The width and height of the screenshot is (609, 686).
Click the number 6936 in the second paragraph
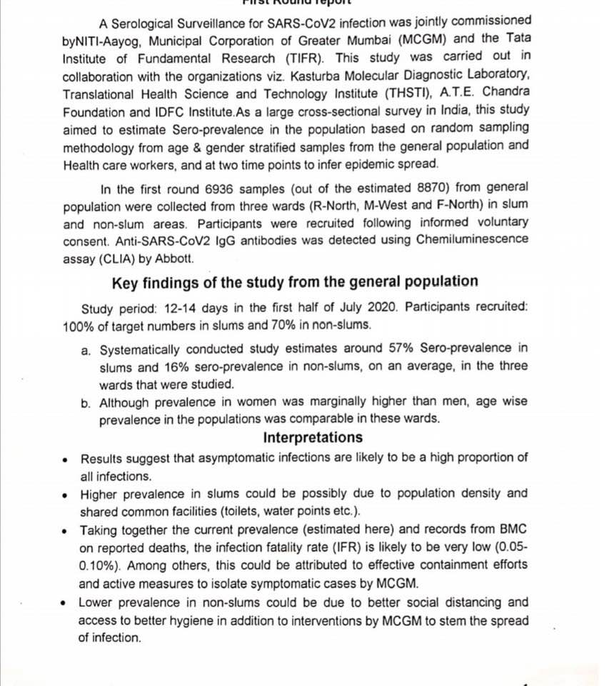pos(213,188)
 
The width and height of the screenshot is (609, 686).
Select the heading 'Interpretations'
pos(312,437)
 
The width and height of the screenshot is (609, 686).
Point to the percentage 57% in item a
pos(404,349)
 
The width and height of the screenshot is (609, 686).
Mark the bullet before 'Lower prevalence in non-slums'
pos(66,603)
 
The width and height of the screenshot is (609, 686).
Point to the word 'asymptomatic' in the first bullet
pos(246,458)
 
